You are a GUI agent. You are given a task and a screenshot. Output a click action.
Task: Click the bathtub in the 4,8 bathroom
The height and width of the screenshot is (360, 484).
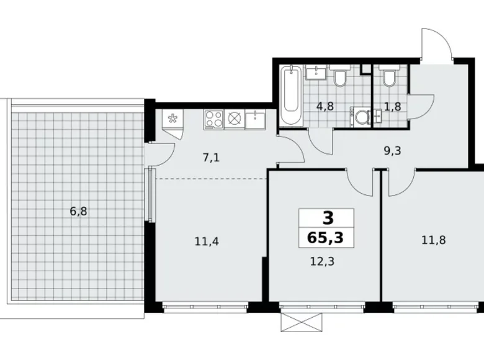pyautogui.click(x=290, y=96)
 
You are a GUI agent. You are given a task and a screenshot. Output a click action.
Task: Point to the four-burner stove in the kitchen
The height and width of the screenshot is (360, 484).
pyautogui.click(x=214, y=119)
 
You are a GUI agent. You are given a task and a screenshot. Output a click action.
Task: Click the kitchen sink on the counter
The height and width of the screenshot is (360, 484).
pyautogui.click(x=255, y=119)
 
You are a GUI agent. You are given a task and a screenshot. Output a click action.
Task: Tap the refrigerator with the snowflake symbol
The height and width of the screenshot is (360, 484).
pyautogui.click(x=173, y=119)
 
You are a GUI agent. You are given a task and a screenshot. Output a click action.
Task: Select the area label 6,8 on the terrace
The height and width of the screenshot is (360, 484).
pyautogui.click(x=78, y=211)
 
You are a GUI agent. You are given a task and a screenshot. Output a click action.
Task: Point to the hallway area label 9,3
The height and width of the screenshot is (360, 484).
pyautogui.click(x=391, y=149)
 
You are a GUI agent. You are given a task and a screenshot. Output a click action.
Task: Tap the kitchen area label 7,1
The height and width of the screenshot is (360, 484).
pyautogui.click(x=212, y=158)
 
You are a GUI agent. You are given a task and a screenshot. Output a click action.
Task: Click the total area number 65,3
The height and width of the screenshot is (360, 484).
pyautogui.click(x=326, y=236)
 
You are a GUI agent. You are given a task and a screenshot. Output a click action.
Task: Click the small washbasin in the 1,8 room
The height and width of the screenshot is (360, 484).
pyautogui.click(x=378, y=115)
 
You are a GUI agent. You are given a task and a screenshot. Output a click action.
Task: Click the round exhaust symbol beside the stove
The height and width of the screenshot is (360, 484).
pyautogui.click(x=234, y=119)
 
